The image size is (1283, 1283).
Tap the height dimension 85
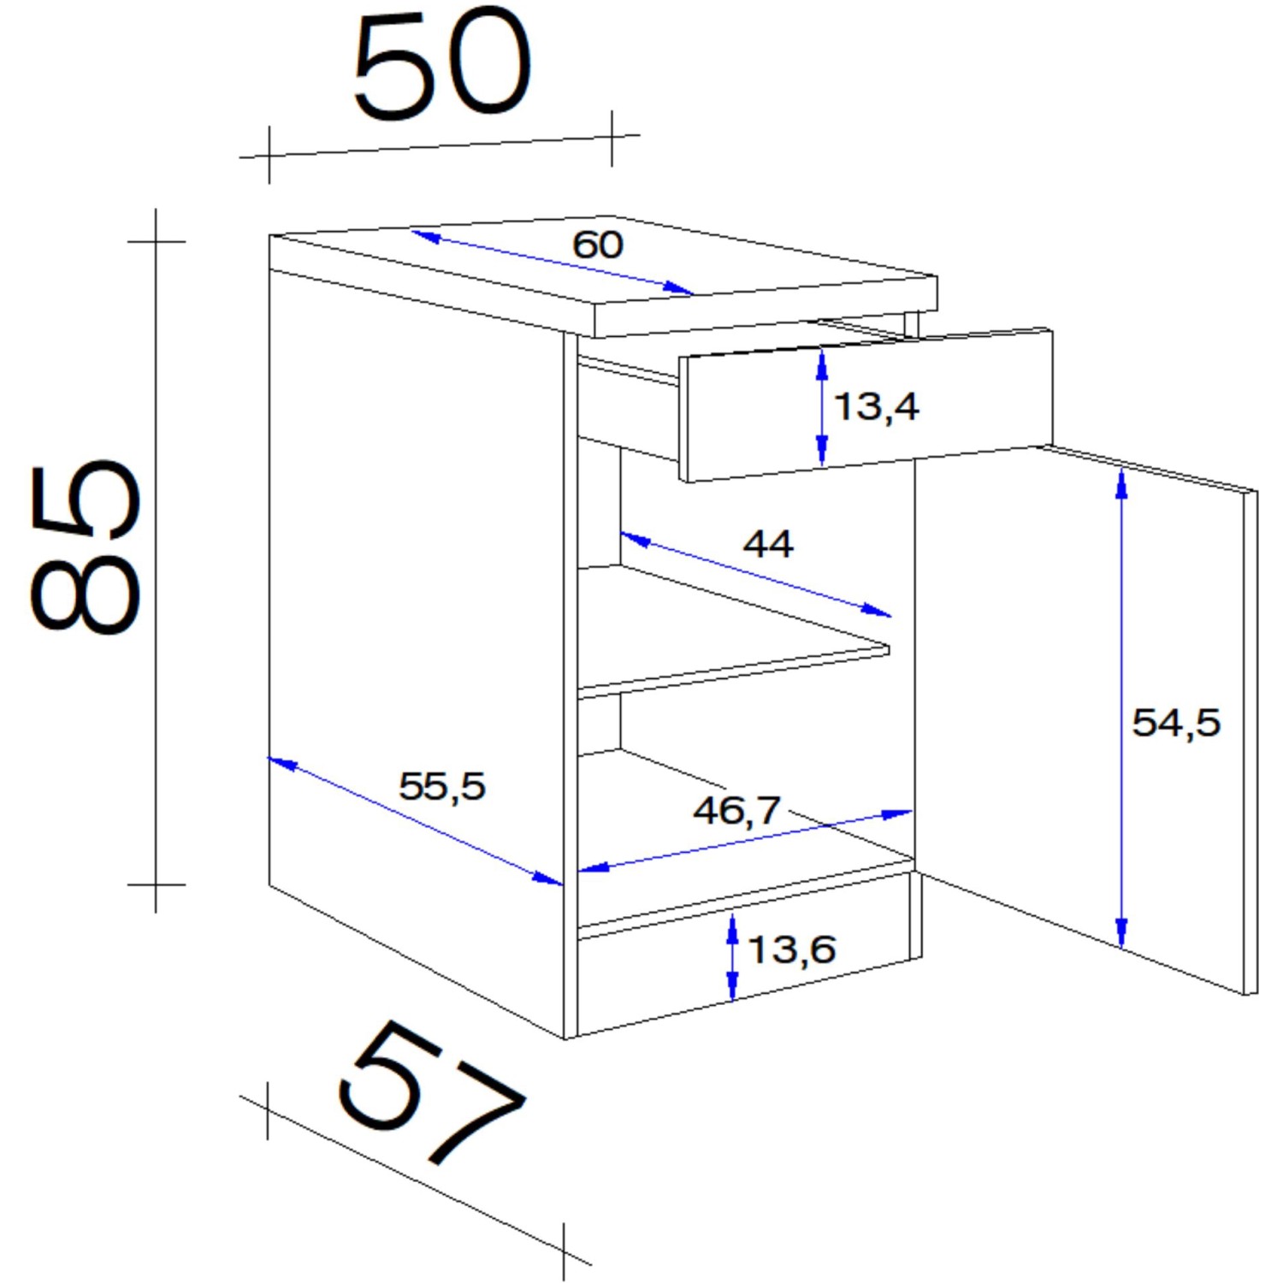[86, 547]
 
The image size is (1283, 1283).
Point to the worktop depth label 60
[597, 245]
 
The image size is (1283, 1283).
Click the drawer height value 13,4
[876, 406]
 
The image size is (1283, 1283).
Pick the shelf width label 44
[767, 544]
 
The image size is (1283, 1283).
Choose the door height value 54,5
[1175, 723]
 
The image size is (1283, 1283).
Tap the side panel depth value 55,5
[441, 786]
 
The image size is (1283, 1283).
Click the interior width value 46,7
[736, 810]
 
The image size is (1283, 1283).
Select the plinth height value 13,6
[791, 949]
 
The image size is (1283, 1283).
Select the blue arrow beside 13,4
[822, 407]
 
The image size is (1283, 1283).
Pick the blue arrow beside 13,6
[732, 957]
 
